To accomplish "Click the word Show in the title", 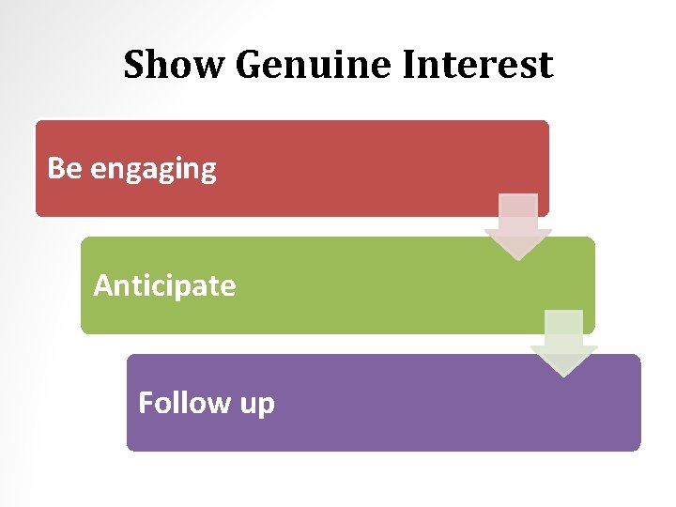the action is point(175,66).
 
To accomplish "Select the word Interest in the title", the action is point(479,66).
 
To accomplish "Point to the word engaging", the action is point(153,171).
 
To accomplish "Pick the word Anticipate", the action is point(164,285).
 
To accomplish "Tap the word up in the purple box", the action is point(257,405).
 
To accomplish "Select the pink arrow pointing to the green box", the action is point(518,226).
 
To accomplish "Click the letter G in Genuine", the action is point(251,66).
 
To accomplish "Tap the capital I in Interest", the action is point(410,66).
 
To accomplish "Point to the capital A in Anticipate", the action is point(102,284).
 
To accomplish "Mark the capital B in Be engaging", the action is point(55,168).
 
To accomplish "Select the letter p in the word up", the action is point(267,407).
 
